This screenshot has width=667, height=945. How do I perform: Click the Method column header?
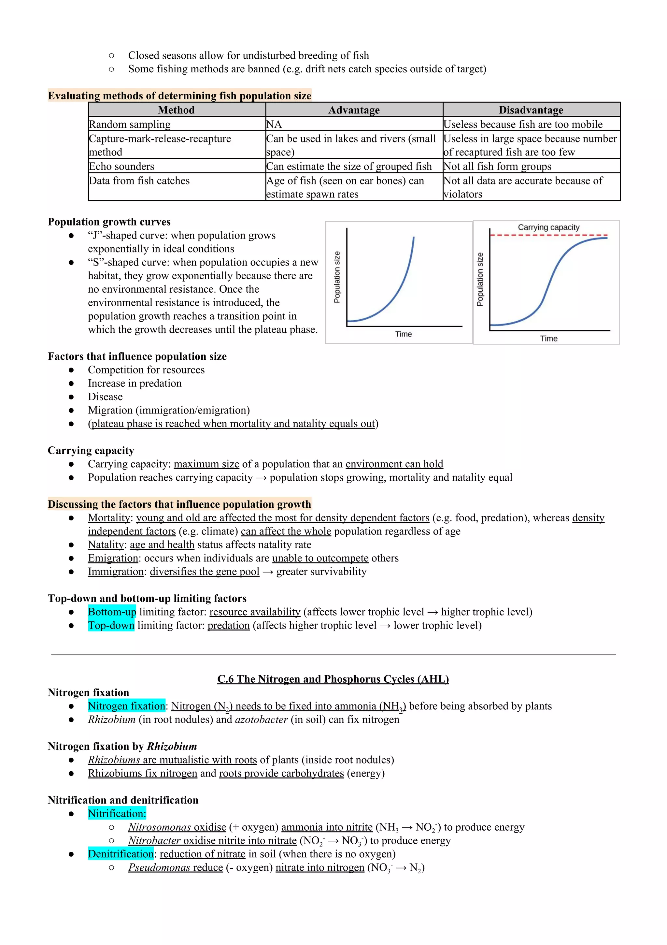click(x=176, y=110)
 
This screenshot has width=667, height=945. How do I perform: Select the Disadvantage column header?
click(x=531, y=110)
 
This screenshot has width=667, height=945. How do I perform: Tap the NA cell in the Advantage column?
click(x=274, y=124)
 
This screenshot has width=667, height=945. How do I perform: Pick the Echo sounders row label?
click(x=122, y=166)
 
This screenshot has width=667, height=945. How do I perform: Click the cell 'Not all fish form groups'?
click(x=497, y=166)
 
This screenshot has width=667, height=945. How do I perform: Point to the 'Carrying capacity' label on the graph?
click(x=548, y=227)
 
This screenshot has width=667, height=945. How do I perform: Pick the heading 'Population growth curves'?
click(x=109, y=222)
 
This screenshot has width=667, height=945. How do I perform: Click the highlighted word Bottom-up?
click(x=112, y=612)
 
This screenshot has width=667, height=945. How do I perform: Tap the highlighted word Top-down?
click(x=111, y=626)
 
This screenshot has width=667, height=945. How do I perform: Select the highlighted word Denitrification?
click(x=121, y=854)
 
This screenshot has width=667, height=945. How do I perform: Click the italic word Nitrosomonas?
click(x=160, y=827)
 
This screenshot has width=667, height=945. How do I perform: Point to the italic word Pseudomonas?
click(x=159, y=868)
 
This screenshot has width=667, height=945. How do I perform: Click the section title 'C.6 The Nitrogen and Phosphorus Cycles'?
click(x=333, y=679)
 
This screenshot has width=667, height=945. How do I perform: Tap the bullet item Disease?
click(x=105, y=397)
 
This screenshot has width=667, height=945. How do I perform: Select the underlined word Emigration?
click(x=113, y=558)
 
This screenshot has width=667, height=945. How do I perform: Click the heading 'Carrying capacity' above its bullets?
click(x=91, y=451)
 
